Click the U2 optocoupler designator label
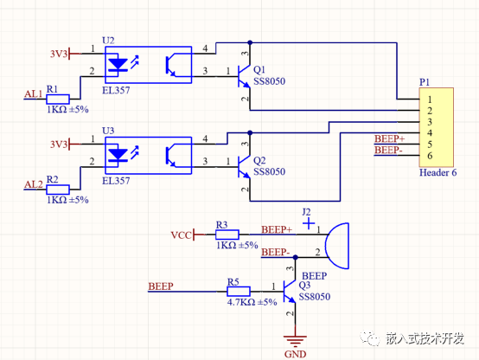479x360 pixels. click(108, 40)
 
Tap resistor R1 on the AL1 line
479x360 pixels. click(58, 100)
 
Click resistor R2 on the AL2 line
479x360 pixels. click(58, 188)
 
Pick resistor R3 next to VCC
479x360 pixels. click(227, 234)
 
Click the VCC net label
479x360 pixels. click(181, 235)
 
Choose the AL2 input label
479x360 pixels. click(33, 184)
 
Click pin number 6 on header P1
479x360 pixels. click(429, 156)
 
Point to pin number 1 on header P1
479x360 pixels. click(429, 100)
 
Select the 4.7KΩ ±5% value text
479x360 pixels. click(252, 303)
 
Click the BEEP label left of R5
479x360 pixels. click(161, 286)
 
